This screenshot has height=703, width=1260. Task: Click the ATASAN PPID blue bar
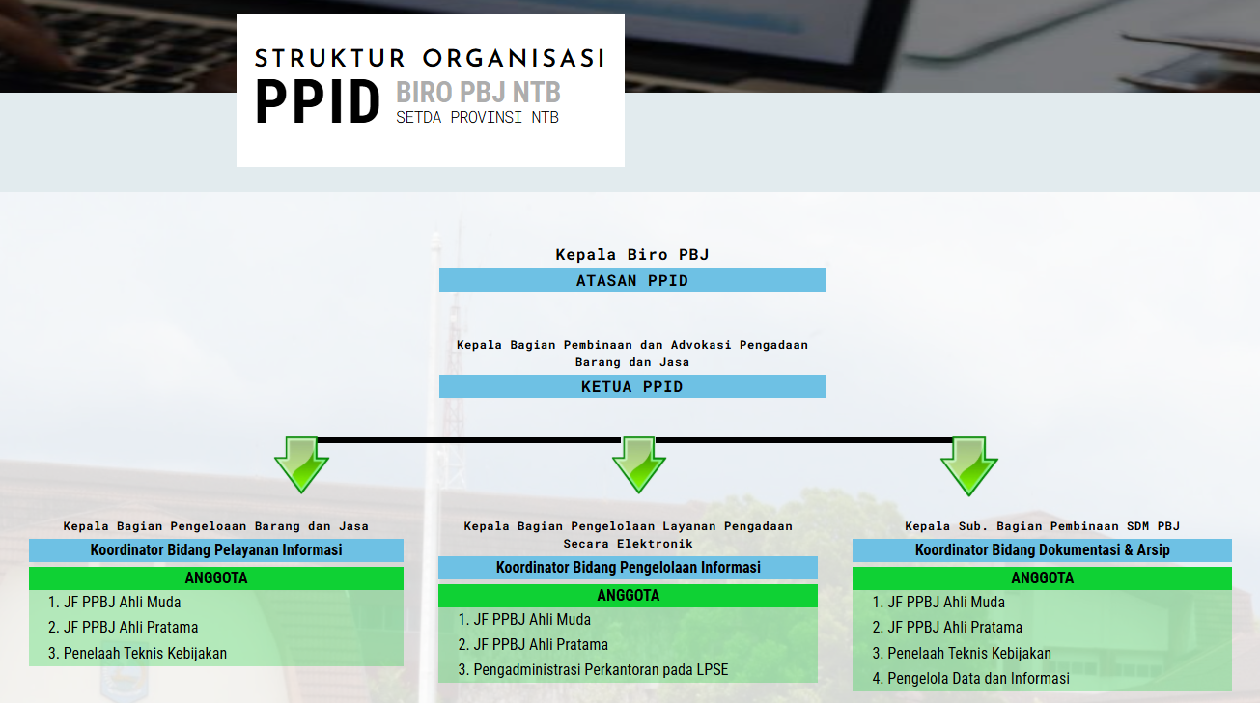point(632,281)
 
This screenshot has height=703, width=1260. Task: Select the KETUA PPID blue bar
point(632,386)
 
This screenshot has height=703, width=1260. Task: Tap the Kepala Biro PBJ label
point(632,255)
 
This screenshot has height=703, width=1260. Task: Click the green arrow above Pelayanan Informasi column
point(301,464)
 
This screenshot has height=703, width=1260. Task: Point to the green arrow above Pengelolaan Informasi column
point(639,464)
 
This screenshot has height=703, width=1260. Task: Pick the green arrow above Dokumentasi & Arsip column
point(968,464)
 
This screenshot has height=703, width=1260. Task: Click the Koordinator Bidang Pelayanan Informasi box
point(216,550)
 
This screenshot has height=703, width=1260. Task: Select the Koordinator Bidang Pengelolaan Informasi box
point(628,568)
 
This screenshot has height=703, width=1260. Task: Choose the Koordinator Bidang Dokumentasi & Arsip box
point(1042,550)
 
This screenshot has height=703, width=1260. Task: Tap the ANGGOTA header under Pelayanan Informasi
point(216,578)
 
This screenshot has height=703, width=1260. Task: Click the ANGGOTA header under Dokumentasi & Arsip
point(1042,578)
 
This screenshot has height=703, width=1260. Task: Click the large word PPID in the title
point(318,102)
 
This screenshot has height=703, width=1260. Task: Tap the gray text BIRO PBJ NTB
point(478,94)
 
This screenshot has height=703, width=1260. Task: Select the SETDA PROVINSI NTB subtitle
point(477,118)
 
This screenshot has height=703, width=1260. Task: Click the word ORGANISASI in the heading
point(513,58)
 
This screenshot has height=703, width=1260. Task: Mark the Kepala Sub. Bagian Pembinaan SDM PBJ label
point(1042,526)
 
